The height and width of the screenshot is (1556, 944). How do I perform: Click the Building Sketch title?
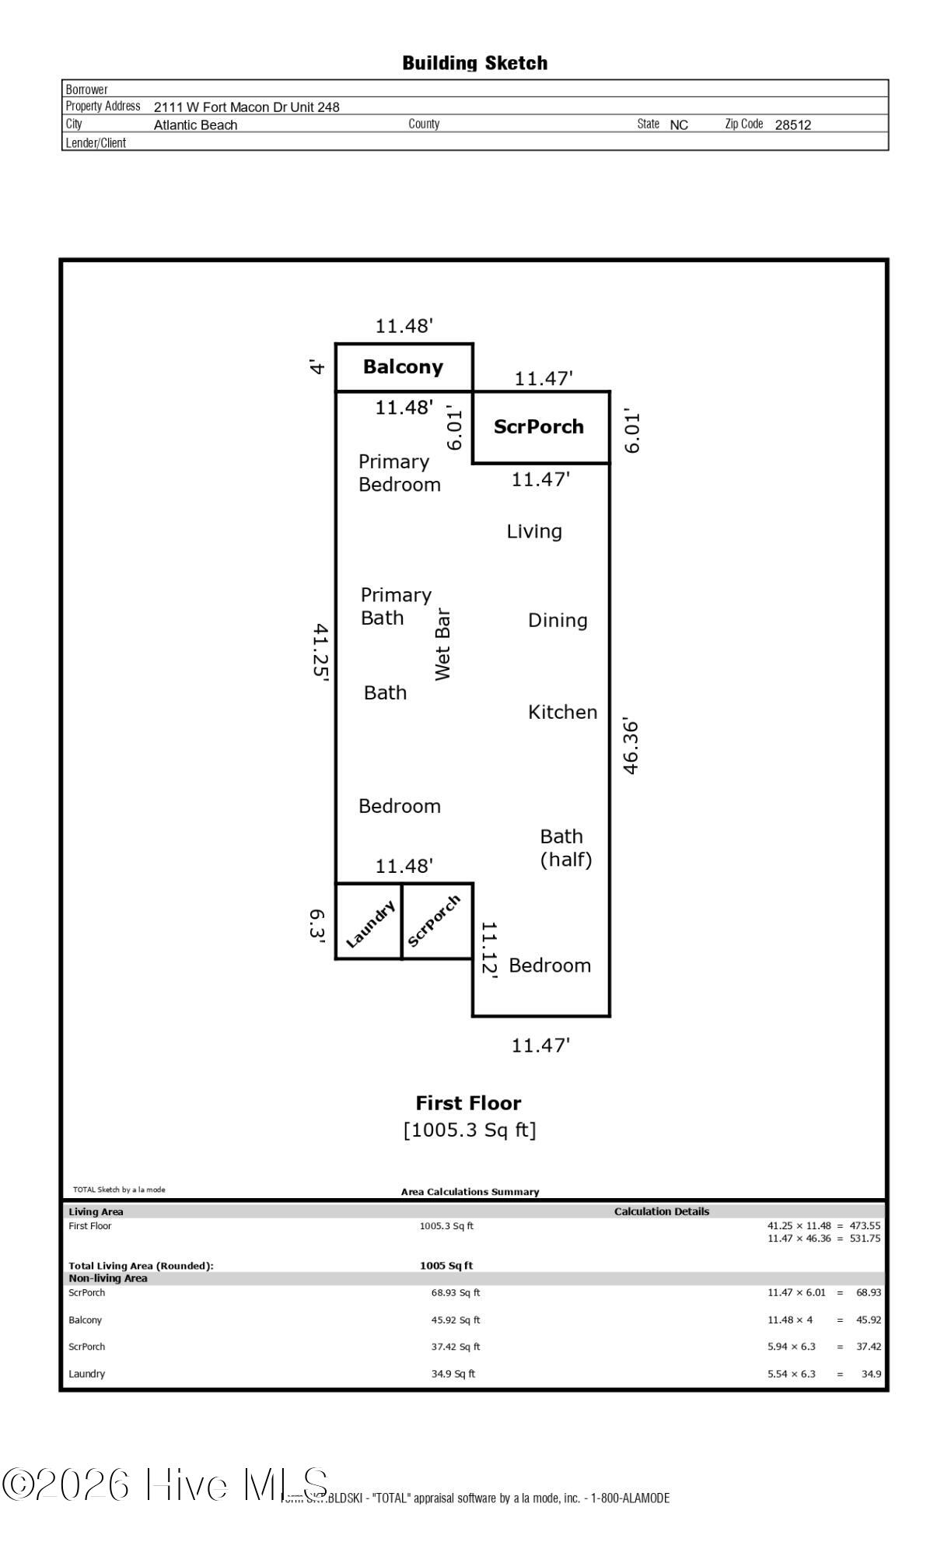(474, 63)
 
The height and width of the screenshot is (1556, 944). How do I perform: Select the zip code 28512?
(792, 124)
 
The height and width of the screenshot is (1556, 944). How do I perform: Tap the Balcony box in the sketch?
(404, 367)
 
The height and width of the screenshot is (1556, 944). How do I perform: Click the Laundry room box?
(369, 922)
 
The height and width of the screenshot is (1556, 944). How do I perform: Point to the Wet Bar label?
(442, 644)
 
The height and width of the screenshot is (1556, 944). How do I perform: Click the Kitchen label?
(562, 712)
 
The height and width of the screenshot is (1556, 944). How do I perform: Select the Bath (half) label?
(565, 848)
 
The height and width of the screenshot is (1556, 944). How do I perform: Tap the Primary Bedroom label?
(399, 473)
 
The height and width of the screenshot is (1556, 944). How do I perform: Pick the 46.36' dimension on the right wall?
(631, 747)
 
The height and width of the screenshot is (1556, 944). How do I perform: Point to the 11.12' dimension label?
(488, 948)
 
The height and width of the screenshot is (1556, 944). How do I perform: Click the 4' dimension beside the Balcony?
(316, 366)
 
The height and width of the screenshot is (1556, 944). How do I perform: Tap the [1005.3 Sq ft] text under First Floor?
(470, 1130)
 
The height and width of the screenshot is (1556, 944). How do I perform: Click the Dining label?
(557, 620)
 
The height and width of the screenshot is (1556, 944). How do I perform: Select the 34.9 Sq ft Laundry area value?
(453, 1374)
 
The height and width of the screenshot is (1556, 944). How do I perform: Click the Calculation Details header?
(661, 1211)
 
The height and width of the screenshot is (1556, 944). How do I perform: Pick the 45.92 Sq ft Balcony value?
(456, 1320)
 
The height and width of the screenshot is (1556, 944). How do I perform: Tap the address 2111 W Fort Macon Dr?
(246, 107)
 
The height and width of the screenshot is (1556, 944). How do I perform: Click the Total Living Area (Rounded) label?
(141, 1266)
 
